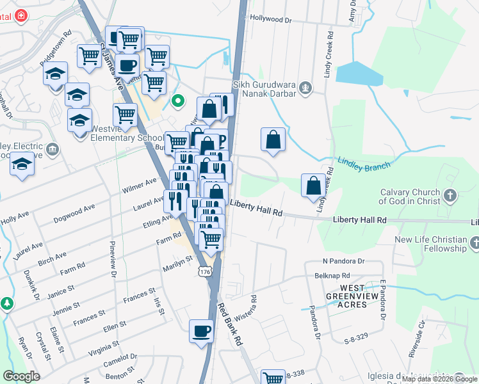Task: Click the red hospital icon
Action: (21, 15)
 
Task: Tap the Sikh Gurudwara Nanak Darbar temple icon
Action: (306, 88)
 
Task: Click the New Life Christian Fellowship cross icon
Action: (475, 243)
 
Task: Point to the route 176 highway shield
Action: (204, 272)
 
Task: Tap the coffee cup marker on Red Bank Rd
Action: (202, 332)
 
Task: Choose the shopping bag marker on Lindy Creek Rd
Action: (314, 186)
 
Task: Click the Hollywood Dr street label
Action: (271, 20)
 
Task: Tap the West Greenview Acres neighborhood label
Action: (352, 296)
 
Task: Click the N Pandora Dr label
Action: (343, 261)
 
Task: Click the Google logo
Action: (22, 376)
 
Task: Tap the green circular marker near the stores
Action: (179, 101)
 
